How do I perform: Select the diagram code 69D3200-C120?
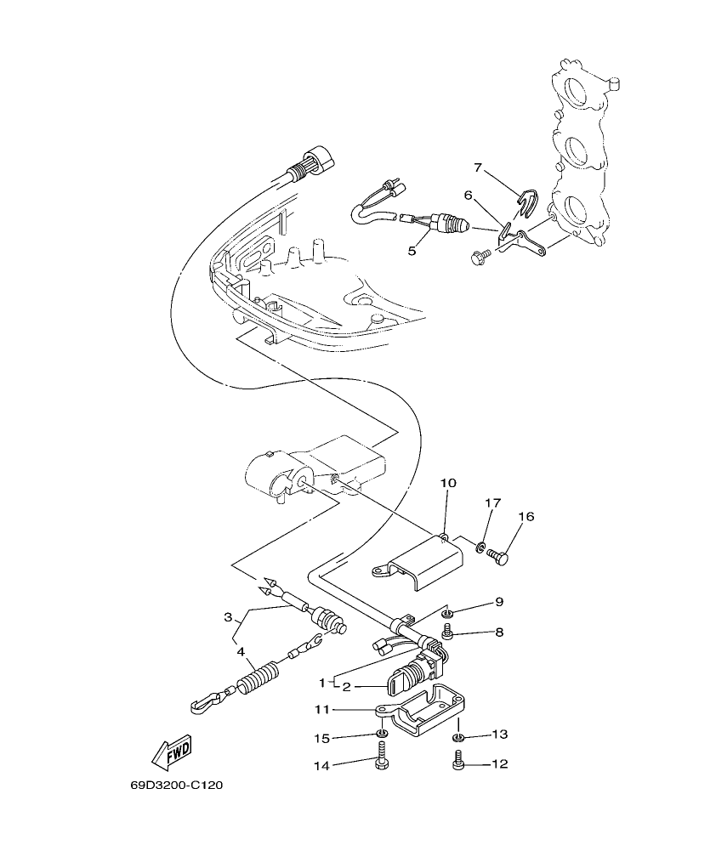pos(177,786)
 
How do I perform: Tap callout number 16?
pos(526,516)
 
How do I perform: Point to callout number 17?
pos(490,503)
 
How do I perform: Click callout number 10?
pos(448,483)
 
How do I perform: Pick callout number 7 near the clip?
pos(478,167)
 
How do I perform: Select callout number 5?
pos(412,251)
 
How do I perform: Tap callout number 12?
pos(499,764)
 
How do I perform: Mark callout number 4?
pos(241,654)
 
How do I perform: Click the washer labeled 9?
pos(447,614)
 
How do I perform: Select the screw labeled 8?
pos(448,633)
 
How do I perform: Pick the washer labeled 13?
pos(457,735)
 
